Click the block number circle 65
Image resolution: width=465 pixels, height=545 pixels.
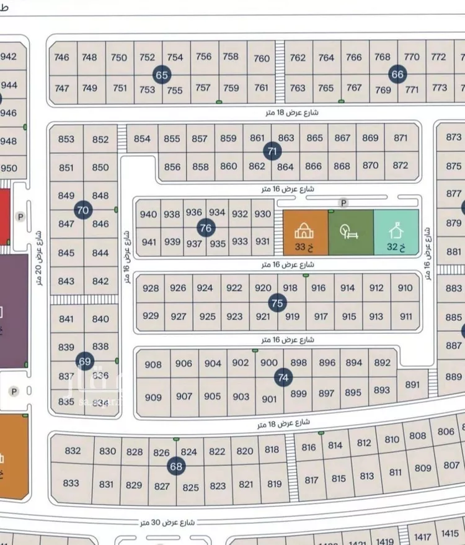(162, 76)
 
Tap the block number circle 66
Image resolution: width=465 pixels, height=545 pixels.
(397, 74)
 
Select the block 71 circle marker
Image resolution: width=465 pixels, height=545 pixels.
(272, 151)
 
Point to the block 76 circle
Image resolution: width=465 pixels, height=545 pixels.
(206, 228)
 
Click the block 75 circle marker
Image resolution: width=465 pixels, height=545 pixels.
(277, 303)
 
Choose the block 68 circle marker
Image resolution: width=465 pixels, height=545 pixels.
(176, 466)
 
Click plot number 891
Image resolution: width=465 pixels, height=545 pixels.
(412, 384)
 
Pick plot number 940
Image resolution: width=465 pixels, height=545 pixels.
(149, 214)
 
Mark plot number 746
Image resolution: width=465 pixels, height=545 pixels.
(62, 57)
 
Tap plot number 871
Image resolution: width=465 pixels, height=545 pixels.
(401, 138)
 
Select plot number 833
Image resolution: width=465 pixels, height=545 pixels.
(71, 483)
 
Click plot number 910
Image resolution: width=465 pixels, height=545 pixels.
(405, 288)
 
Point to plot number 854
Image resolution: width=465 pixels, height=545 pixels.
(142, 138)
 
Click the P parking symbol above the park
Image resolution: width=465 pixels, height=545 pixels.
(343, 203)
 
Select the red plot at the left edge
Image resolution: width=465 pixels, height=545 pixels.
(4, 217)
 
